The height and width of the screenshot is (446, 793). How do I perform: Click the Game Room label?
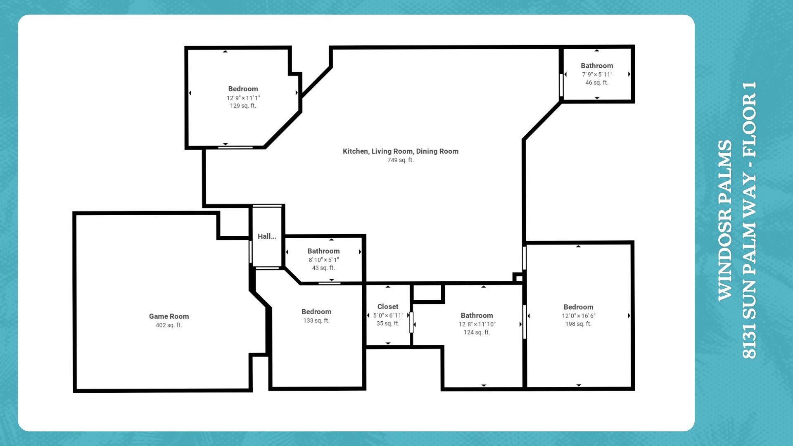click(x=169, y=316)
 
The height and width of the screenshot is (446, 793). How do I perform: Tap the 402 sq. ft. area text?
click(x=169, y=325)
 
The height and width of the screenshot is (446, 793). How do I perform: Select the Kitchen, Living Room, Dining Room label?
click(x=401, y=151)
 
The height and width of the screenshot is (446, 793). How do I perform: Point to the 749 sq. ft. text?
click(x=401, y=160)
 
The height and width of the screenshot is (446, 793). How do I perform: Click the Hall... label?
click(x=267, y=236)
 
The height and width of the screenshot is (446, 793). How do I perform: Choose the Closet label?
click(x=388, y=306)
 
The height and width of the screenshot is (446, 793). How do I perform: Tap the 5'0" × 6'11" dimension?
click(x=388, y=316)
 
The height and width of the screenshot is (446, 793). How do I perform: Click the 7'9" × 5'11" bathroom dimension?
click(x=597, y=75)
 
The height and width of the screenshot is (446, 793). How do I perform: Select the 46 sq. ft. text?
click(x=597, y=83)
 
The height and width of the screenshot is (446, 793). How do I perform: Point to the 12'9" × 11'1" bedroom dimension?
click(x=243, y=98)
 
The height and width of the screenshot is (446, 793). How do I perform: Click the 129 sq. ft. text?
click(x=243, y=106)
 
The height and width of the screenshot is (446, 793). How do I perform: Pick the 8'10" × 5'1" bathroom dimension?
click(x=324, y=260)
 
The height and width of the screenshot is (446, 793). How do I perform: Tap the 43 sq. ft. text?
click(x=323, y=268)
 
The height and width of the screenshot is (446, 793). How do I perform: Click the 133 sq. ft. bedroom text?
click(x=316, y=320)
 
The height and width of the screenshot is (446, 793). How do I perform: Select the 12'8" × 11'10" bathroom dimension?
click(x=477, y=324)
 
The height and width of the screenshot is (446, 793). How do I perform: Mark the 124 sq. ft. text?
click(x=477, y=332)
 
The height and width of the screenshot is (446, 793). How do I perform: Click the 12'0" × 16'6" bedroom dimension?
click(x=579, y=316)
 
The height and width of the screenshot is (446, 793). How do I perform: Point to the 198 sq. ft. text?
click(x=579, y=324)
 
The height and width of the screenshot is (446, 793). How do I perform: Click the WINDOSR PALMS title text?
click(x=725, y=221)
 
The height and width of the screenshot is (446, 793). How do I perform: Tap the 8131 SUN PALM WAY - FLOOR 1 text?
click(x=749, y=220)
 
